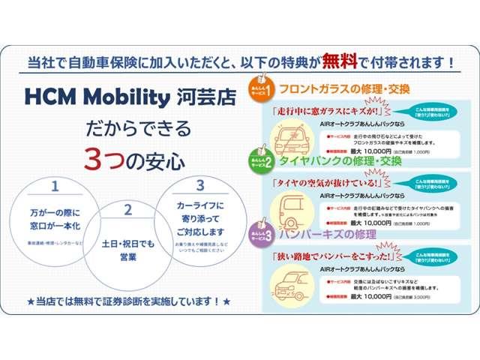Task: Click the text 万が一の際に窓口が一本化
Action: click(x=55, y=218)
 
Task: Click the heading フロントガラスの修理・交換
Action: click(x=344, y=89)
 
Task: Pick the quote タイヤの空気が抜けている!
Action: click(x=327, y=182)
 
